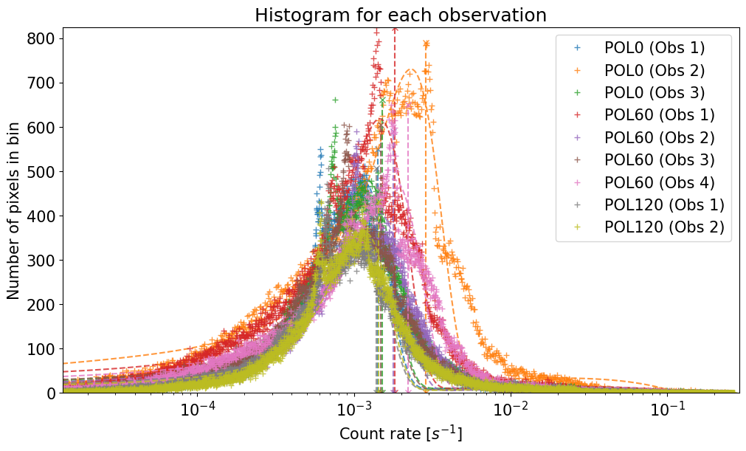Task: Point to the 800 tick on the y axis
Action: (44, 38)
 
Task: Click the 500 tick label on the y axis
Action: (44, 171)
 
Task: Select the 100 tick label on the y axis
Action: (44, 348)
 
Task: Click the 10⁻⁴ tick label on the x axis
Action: (198, 410)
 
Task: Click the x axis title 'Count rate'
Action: (401, 433)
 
